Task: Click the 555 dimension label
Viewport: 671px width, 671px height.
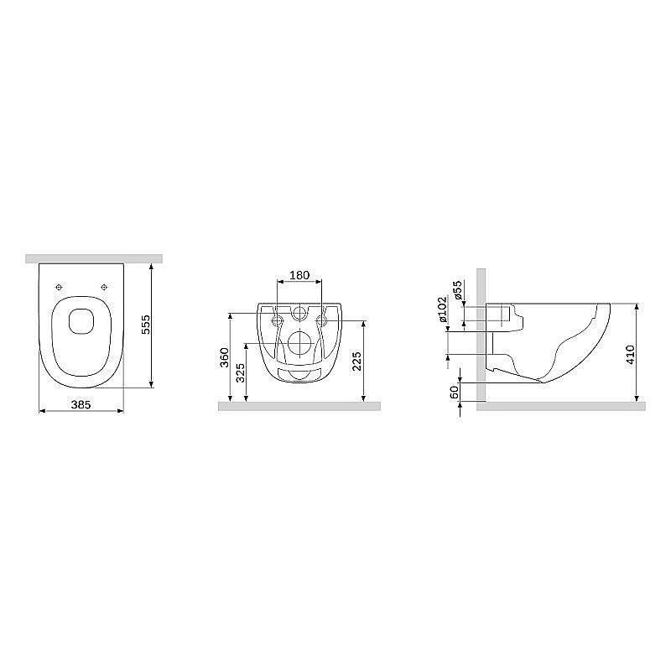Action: coord(146,325)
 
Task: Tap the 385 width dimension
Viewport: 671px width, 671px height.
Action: coord(81,404)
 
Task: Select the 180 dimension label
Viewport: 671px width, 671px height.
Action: coord(299,275)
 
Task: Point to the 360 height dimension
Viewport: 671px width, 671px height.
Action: coord(225,357)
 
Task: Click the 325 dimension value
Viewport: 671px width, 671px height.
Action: coord(241,372)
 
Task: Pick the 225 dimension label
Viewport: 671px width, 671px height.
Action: coord(357,362)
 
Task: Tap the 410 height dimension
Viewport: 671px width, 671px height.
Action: coord(631,355)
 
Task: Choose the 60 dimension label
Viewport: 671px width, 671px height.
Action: coord(454,392)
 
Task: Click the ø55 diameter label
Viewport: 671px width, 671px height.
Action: coord(458,289)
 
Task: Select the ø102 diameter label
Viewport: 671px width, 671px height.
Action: coord(443,309)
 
